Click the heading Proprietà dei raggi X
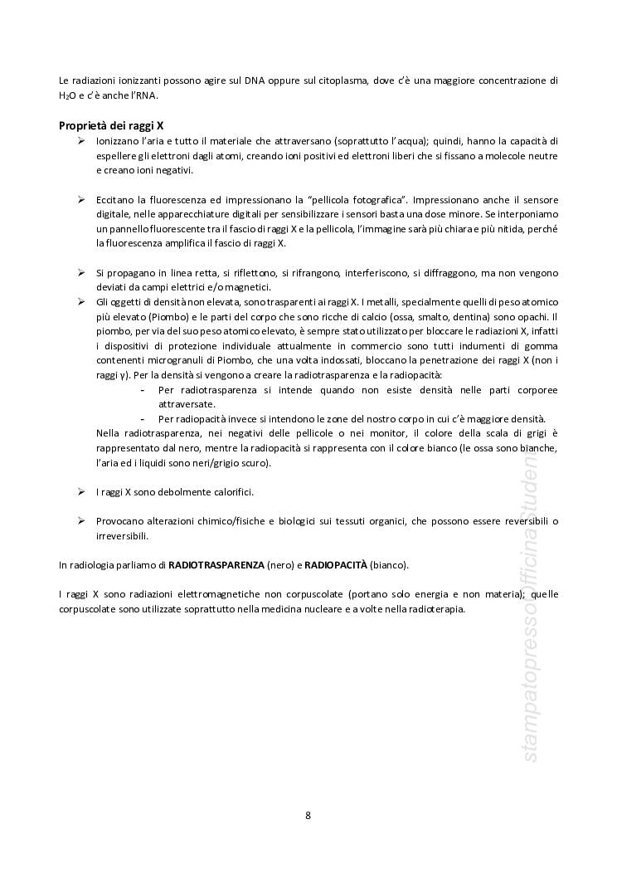[111, 125]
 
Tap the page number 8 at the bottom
[308, 815]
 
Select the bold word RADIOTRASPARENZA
[216, 564]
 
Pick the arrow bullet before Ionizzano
[81, 141]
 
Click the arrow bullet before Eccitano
[81, 200]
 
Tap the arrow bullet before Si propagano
[81, 272]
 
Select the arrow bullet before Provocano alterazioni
[81, 520]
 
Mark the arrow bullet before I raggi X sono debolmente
[81, 491]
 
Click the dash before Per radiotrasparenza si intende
[143, 389]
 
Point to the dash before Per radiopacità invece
[143, 418]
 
